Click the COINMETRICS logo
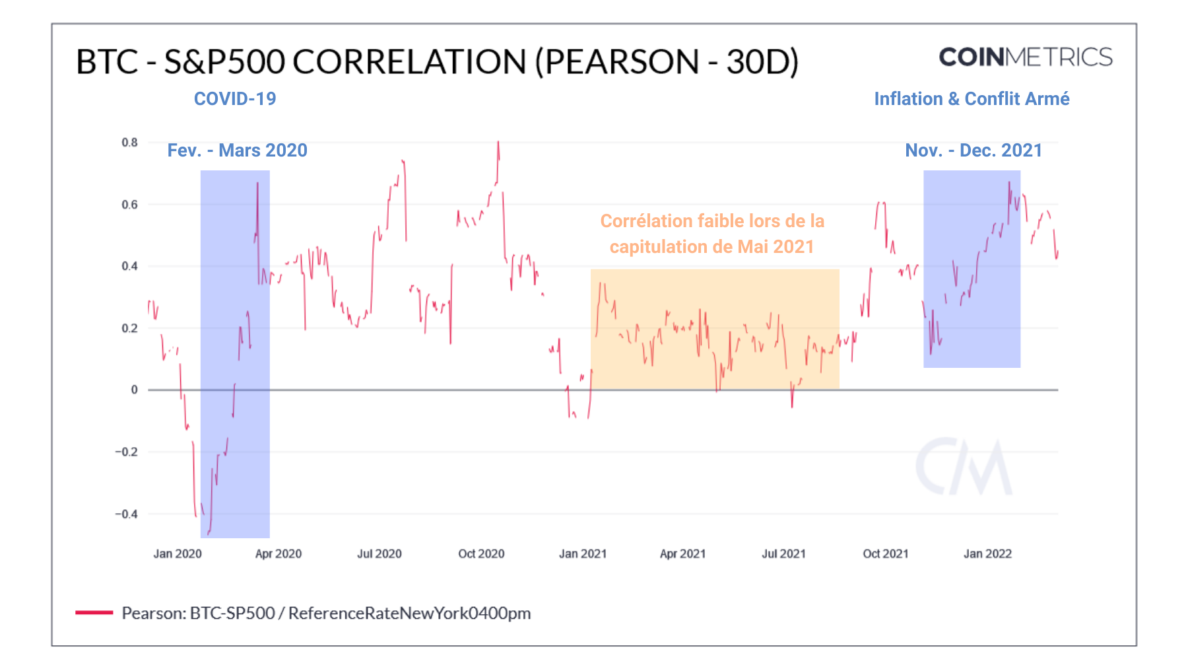[x=1025, y=57]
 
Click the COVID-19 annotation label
[x=235, y=99]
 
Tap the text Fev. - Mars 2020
[x=237, y=151]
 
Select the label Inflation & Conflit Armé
[x=971, y=99]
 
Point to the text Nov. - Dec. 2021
[x=973, y=151]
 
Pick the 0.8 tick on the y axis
[x=129, y=143]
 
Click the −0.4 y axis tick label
[x=126, y=514]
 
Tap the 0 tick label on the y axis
[x=134, y=390]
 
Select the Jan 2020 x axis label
[x=178, y=554]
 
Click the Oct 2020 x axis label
[x=481, y=554]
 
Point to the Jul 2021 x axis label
[x=783, y=554]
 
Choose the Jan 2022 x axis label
[x=987, y=554]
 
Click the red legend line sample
[x=94, y=613]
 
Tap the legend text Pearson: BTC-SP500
[x=198, y=614]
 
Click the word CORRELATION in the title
[x=409, y=62]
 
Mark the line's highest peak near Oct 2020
[x=498, y=142]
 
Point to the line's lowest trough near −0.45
[x=209, y=533]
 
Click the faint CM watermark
[x=964, y=467]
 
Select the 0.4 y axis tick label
[x=129, y=266]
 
